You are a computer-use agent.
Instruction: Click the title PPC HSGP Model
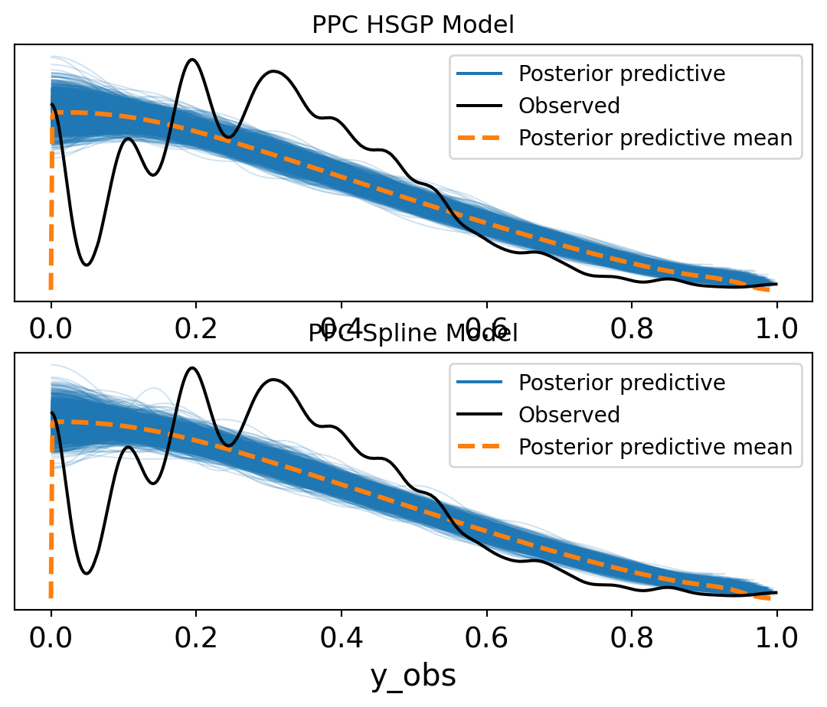click(x=413, y=25)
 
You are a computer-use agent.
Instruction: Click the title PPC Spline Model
click(x=413, y=334)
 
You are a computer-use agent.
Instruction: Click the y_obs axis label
click(x=413, y=675)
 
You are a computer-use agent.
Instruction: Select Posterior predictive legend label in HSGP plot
click(x=622, y=73)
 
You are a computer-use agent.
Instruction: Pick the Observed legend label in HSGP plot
click(x=569, y=106)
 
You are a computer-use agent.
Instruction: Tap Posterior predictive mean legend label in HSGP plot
click(x=655, y=138)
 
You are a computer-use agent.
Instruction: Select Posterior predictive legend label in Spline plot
click(x=622, y=382)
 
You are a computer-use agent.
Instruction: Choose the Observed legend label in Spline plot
click(x=569, y=414)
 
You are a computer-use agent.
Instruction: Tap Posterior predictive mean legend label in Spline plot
click(x=655, y=446)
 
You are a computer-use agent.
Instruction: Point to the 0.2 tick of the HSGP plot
click(x=196, y=329)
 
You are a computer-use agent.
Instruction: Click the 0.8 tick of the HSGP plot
click(x=632, y=329)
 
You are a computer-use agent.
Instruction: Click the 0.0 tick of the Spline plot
click(x=51, y=637)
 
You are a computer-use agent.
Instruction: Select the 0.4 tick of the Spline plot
click(x=342, y=637)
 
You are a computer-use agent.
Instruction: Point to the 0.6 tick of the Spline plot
click(x=486, y=637)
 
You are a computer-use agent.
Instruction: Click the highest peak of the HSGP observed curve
click(x=193, y=59)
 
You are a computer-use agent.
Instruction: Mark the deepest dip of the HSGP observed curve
click(x=87, y=265)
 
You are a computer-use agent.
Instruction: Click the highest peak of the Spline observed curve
click(x=193, y=367)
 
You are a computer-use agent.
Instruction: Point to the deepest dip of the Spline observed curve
click(x=87, y=573)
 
